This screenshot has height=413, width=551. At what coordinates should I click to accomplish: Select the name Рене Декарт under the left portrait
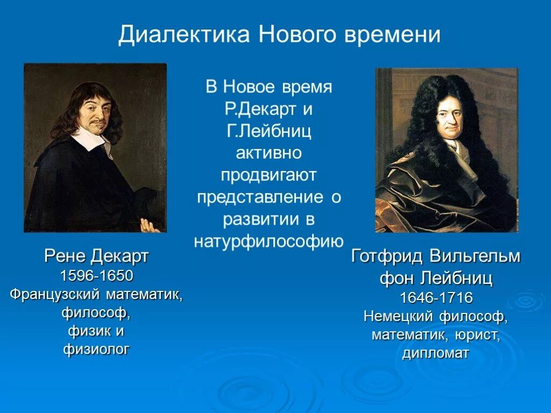click(x=96, y=257)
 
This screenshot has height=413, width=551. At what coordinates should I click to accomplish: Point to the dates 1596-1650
click(x=96, y=276)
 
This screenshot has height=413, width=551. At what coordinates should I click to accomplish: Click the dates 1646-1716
click(x=436, y=297)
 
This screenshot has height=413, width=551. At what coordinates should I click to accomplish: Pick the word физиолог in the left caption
click(x=96, y=350)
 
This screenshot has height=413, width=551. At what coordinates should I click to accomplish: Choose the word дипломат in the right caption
click(x=436, y=353)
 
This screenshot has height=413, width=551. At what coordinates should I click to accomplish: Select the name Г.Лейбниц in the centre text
click(x=269, y=131)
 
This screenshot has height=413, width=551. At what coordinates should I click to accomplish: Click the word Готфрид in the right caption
click(x=387, y=257)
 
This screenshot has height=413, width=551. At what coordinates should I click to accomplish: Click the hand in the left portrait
click(x=149, y=225)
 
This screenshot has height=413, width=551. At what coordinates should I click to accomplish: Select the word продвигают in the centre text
click(x=269, y=175)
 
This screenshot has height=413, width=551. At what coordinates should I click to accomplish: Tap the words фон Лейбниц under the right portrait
click(x=436, y=279)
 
